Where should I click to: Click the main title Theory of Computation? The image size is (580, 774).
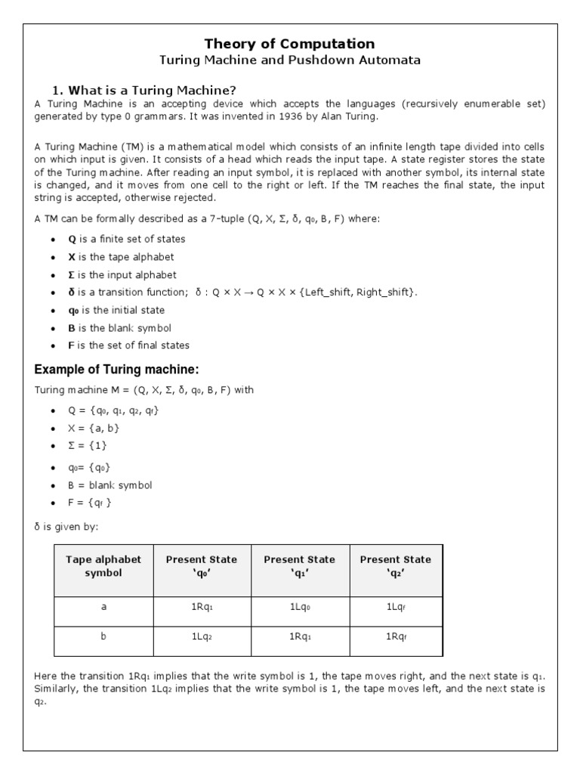[291, 44]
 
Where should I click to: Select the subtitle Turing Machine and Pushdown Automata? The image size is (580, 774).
[291, 60]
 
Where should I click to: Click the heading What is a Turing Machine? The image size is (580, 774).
[155, 91]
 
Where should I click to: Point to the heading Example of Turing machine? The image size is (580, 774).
[116, 370]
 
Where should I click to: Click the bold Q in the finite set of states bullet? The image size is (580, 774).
[72, 239]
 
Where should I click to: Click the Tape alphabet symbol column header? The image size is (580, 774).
[103, 566]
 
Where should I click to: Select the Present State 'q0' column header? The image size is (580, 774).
[201, 566]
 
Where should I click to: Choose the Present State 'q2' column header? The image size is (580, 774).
[396, 566]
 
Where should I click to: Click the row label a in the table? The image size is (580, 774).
[103, 607]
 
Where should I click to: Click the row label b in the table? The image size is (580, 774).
[103, 636]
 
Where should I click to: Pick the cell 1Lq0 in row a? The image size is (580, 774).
[299, 607]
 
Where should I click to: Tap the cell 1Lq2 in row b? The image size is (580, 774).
[201, 637]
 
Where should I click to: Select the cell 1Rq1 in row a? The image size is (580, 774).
[201, 607]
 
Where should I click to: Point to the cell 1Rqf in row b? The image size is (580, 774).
[396, 637]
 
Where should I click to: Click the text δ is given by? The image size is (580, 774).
[66, 526]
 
